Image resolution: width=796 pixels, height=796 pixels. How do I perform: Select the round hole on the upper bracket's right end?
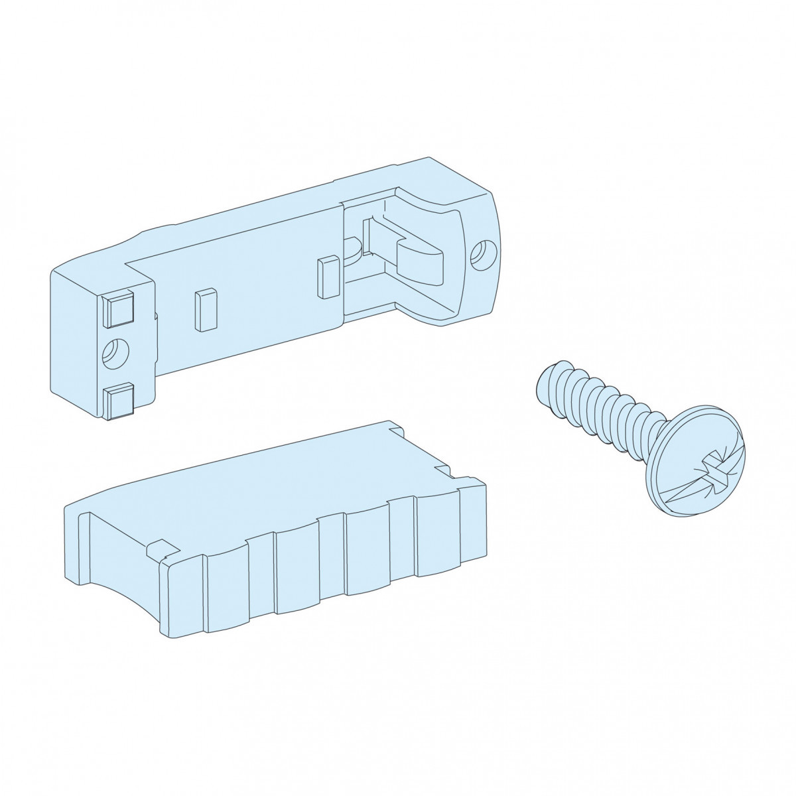point(479,256)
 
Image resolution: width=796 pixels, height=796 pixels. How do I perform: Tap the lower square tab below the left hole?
point(118,400)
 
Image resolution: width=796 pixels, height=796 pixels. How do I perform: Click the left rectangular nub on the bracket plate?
point(205,309)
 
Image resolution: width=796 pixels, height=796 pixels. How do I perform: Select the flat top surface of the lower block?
point(265,478)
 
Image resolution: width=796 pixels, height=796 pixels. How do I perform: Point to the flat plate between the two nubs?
point(265,292)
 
